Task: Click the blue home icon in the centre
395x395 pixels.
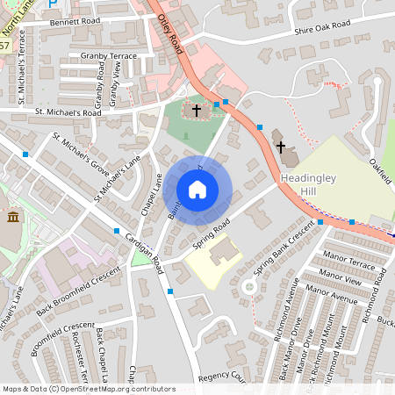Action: coord(197,189)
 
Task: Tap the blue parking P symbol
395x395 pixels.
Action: coord(53,4)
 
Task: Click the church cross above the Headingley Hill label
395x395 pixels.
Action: coord(280,146)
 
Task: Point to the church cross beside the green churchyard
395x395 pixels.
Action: coord(196,111)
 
